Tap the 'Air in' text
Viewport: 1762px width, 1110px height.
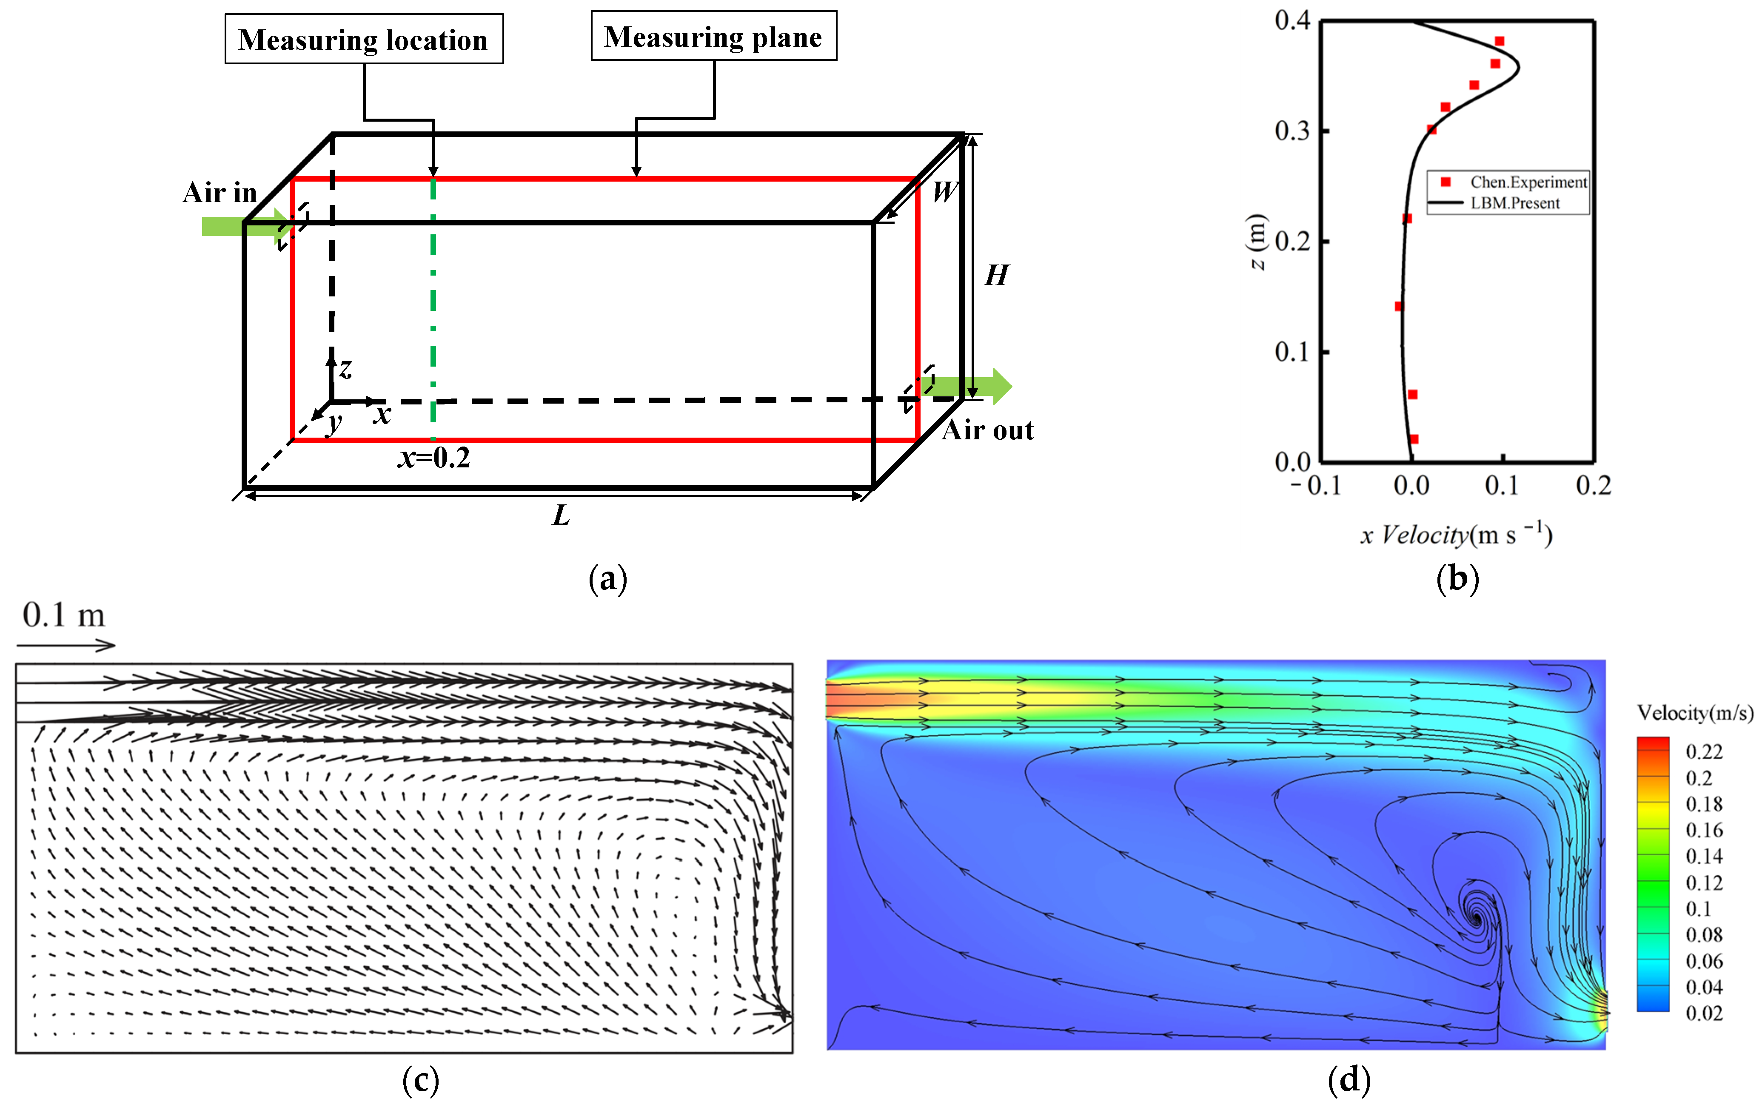pyautogui.click(x=220, y=192)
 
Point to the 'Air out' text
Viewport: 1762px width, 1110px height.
pyautogui.click(x=988, y=430)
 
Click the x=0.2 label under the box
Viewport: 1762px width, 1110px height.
pyautogui.click(x=434, y=458)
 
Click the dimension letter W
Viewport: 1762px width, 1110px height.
pyautogui.click(x=944, y=192)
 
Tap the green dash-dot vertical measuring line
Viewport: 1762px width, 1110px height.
pyautogui.click(x=433, y=307)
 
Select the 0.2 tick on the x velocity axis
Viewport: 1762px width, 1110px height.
pyautogui.click(x=1593, y=486)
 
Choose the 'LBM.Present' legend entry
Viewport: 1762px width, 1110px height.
pyautogui.click(x=1515, y=203)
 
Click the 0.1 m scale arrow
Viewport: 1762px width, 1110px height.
pyautogui.click(x=66, y=645)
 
